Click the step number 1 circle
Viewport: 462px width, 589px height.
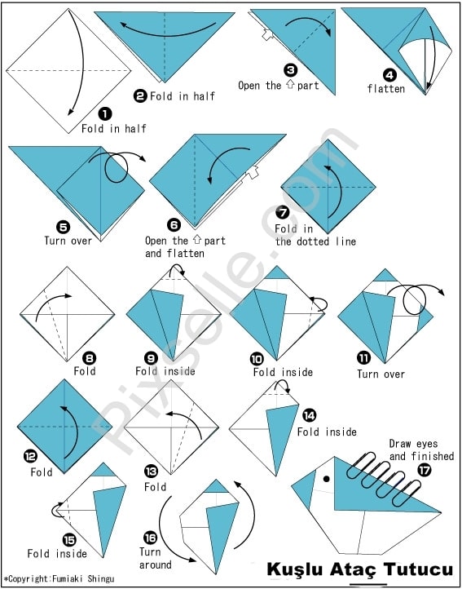tap(105, 113)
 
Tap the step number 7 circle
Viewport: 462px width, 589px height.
tap(282, 213)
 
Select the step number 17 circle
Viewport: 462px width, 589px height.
tap(424, 470)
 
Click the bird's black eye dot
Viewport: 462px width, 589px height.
tap(327, 479)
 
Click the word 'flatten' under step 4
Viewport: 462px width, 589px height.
tap(385, 89)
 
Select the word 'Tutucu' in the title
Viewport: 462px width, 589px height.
tap(419, 569)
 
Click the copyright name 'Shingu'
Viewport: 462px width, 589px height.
tap(101, 579)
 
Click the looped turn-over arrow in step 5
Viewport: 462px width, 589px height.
tap(117, 166)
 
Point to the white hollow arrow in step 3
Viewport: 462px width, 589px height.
tap(267, 35)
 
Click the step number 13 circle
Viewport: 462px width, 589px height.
tap(152, 471)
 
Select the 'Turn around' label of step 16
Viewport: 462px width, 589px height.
tap(155, 558)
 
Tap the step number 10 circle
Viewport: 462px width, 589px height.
tap(257, 360)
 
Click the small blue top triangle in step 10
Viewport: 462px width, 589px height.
tap(276, 272)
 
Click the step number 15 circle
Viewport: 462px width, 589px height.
tap(69, 541)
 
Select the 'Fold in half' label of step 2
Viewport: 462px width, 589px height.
tap(183, 96)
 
